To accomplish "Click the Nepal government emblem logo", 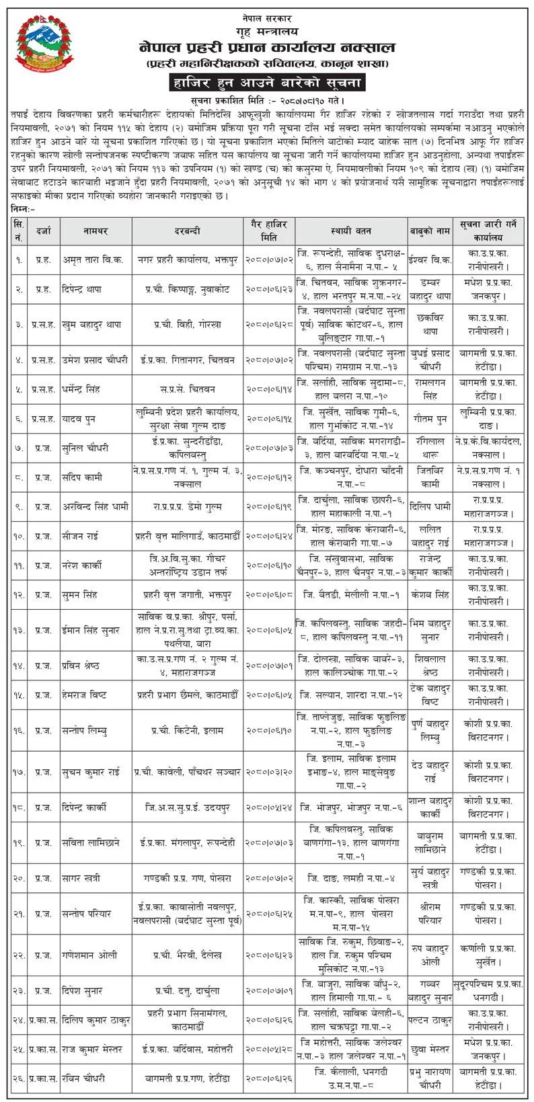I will [44, 44].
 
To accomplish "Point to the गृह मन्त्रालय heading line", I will [266, 31].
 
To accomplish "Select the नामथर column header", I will [96, 231].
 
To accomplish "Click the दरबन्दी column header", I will [188, 231].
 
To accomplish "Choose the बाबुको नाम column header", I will [430, 231].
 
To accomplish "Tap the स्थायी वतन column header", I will [350, 231].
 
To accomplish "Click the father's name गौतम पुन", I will [430, 419].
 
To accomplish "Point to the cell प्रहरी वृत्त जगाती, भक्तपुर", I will [188, 594].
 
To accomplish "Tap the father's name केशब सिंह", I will [430, 594].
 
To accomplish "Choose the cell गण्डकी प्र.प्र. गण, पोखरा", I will [188, 878].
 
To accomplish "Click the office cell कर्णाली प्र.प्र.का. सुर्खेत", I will [489, 955].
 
